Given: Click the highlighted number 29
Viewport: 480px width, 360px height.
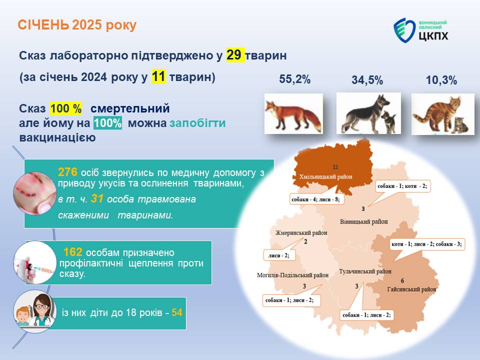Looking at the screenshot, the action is click(235, 55).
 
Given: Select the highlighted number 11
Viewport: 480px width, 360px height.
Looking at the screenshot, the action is click(158, 76).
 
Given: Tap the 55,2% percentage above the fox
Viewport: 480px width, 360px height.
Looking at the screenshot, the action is click(295, 79).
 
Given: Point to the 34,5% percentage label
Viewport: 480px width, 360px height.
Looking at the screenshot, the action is click(367, 80).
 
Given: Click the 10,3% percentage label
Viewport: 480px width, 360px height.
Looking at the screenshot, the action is click(441, 80).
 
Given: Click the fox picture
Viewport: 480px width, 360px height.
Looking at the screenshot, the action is click(293, 113).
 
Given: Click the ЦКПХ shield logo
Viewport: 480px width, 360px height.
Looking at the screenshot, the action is click(404, 30).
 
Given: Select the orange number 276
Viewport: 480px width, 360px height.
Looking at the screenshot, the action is click(67, 172).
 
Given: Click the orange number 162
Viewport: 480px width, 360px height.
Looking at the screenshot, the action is click(73, 252).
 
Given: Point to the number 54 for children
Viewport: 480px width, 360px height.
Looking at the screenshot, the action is click(177, 312).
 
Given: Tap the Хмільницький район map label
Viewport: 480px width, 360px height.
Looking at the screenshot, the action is click(325, 176).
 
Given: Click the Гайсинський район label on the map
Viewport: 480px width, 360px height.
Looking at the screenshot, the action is click(411, 289).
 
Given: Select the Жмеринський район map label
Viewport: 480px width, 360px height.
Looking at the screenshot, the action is click(301, 233).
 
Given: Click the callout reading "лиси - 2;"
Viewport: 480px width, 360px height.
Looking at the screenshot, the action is click(279, 255).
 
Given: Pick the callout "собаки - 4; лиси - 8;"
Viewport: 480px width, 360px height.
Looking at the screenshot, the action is click(315, 199).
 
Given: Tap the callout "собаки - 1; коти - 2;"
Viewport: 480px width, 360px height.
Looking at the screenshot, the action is click(402, 186).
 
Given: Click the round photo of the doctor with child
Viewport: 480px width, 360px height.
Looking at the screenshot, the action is click(35, 311).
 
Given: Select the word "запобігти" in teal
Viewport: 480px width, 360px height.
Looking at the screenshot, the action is click(197, 123).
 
